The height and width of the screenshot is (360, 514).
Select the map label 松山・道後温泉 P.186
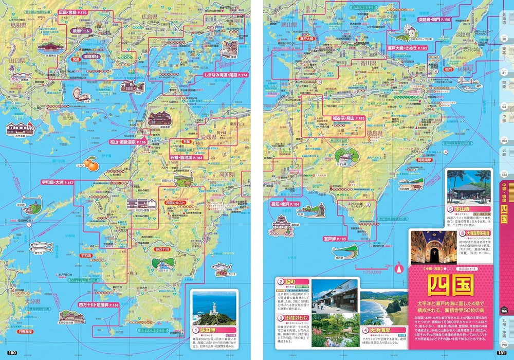pyautogui.click(x=126, y=141)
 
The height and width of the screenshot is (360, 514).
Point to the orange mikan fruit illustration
pyautogui.click(x=90, y=164)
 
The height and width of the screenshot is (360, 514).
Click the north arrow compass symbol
pyautogui.click(x=397, y=268)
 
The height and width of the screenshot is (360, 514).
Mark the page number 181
pyautogui.click(x=502, y=352)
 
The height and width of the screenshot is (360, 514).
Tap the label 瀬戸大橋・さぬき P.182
pyautogui.click(x=407, y=48)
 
